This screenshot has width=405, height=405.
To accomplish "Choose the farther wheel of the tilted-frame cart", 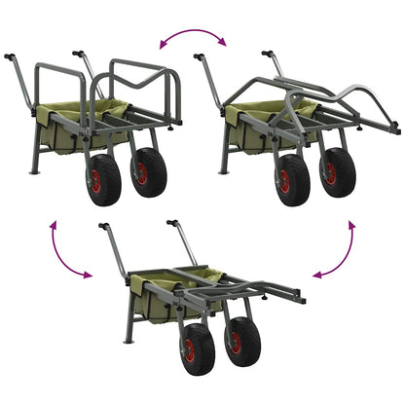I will [337, 171].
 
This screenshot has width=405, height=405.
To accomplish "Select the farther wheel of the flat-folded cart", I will [243, 342].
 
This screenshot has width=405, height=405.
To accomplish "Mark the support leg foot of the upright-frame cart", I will [33, 172].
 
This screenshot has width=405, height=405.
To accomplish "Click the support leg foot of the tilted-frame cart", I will [224, 171].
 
